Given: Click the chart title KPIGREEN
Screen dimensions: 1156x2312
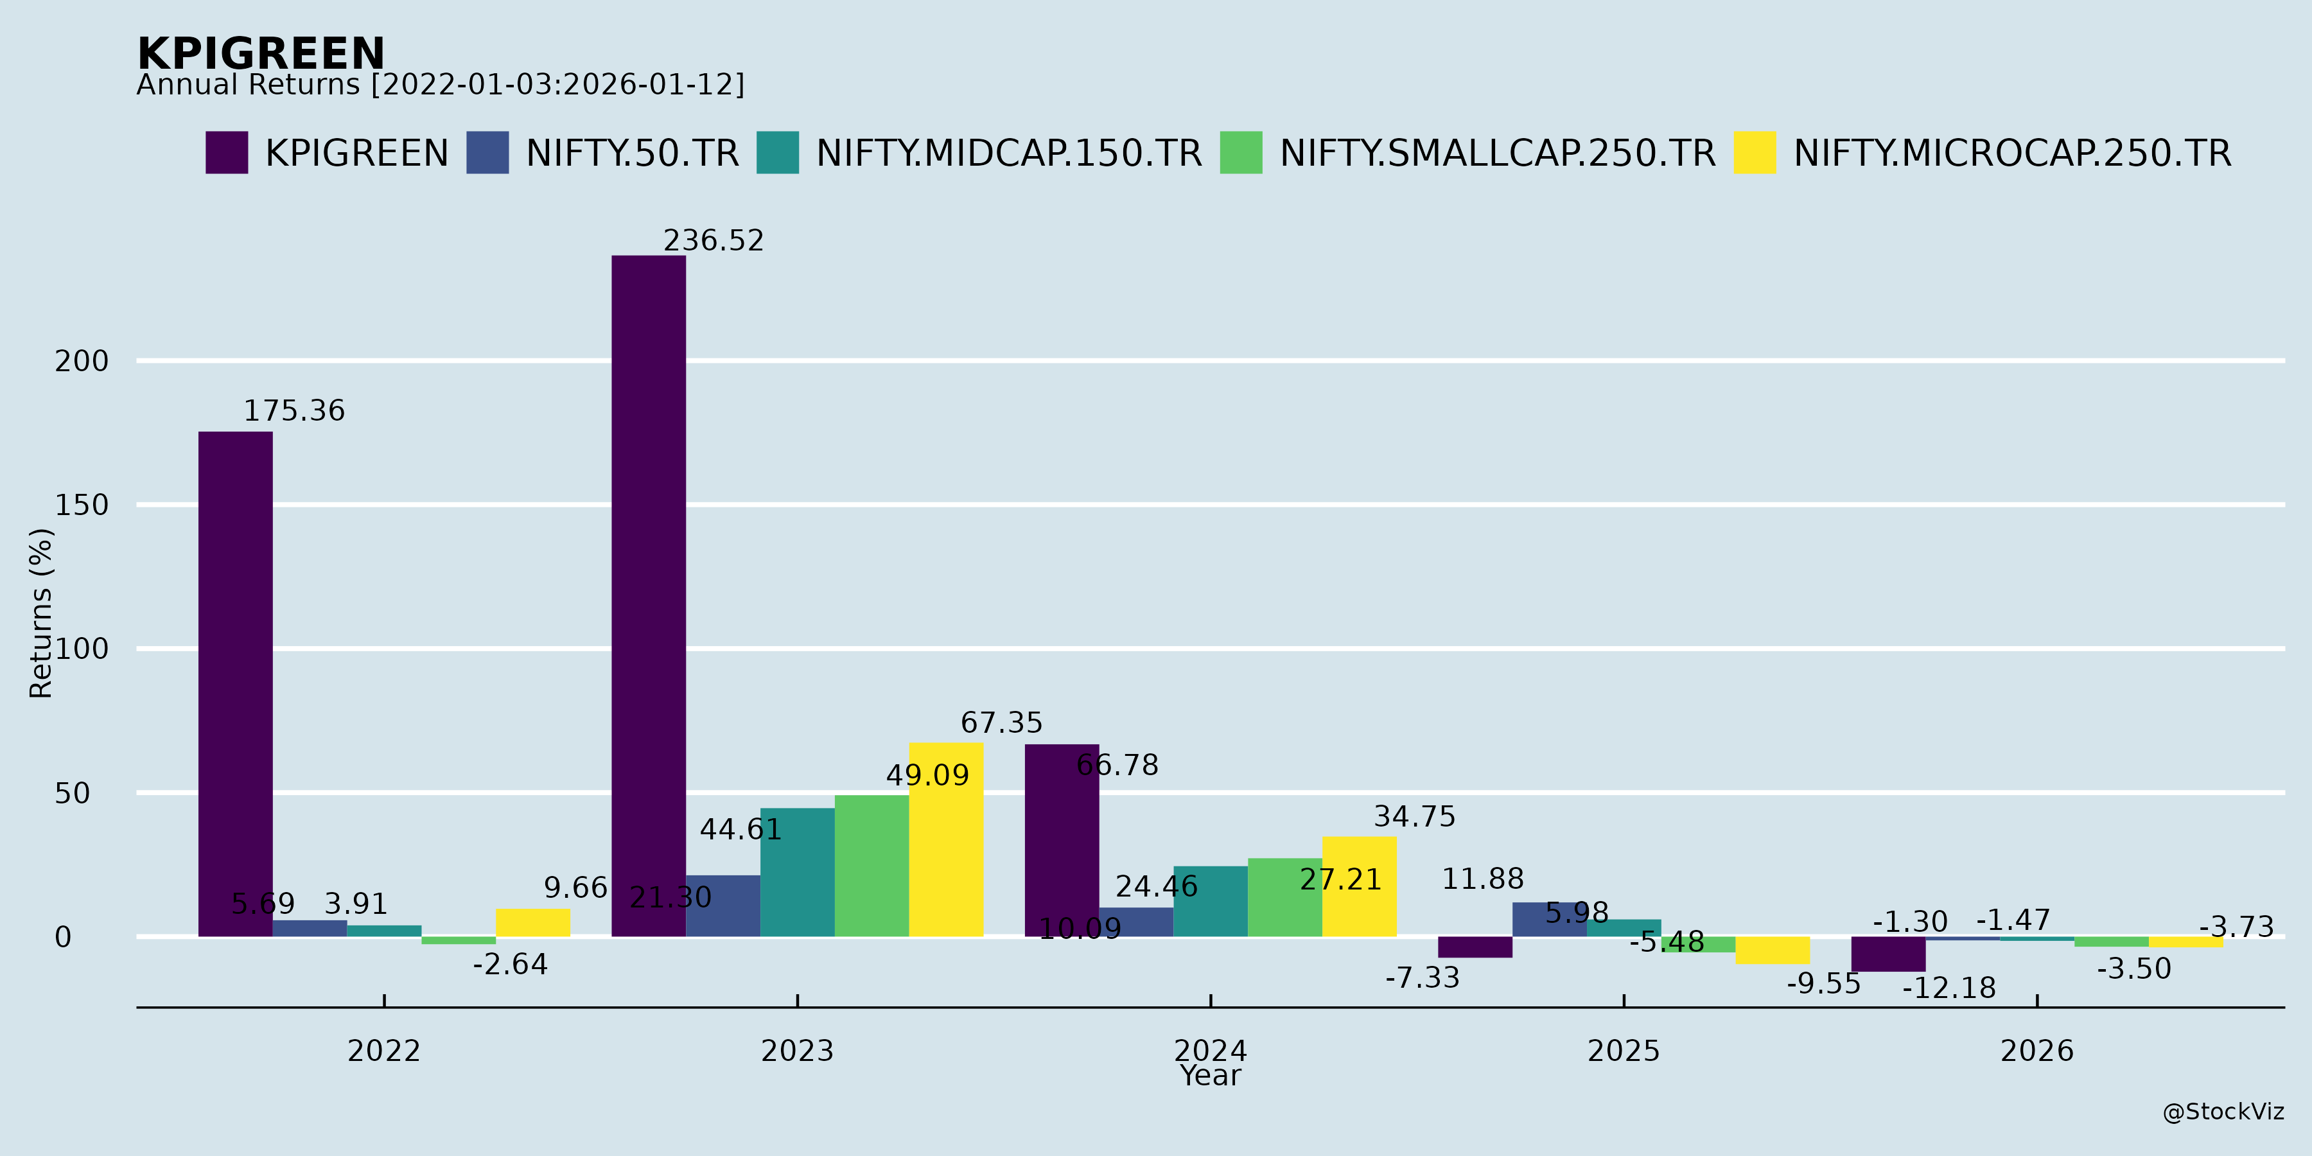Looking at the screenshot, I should click(260, 54).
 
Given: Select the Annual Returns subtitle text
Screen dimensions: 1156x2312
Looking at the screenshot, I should click(440, 85).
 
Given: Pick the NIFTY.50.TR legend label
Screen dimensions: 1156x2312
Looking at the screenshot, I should click(632, 153).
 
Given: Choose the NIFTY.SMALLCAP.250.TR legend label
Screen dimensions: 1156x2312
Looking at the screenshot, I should click(1496, 153).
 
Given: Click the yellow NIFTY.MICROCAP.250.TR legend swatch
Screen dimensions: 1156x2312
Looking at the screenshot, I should click(1755, 153).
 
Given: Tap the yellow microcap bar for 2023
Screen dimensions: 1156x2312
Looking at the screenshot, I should click(946, 839).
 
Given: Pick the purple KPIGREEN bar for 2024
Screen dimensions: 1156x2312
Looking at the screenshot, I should click(1062, 840).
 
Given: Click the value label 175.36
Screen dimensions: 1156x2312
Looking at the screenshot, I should click(294, 411).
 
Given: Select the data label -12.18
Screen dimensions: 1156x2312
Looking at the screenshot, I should click(1949, 988).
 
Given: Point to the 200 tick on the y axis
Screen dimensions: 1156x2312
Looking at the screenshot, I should click(81, 362).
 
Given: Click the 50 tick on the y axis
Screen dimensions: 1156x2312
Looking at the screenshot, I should click(72, 793).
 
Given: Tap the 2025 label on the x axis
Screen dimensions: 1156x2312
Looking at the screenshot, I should click(1623, 1050).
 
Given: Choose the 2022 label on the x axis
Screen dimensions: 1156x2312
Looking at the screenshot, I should click(384, 1050).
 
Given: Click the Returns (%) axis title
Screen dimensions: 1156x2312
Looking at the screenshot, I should click(41, 613).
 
